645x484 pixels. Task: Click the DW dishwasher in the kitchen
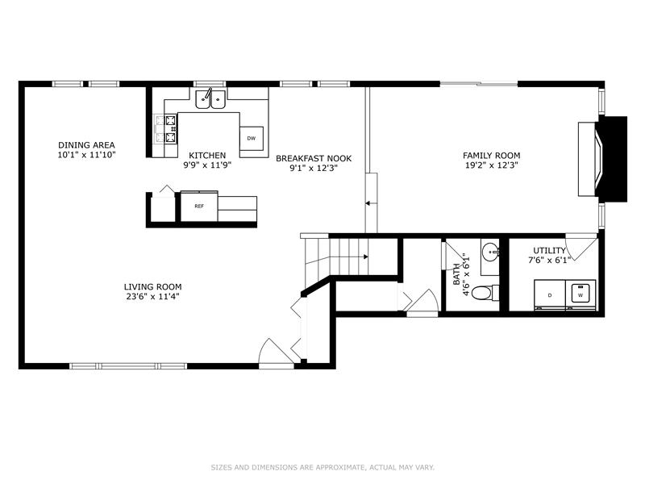(x=252, y=138)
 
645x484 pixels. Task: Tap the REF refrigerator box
(x=199, y=207)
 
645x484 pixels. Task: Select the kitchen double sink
(x=210, y=98)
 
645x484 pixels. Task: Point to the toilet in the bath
(x=485, y=293)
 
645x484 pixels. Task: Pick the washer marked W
(x=580, y=294)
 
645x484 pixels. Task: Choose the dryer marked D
(x=550, y=294)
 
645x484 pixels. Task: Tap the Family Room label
(x=492, y=156)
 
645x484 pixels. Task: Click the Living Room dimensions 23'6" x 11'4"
(x=152, y=297)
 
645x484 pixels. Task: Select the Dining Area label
(x=86, y=145)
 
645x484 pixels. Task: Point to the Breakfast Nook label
(x=314, y=158)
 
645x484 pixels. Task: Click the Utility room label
(x=550, y=251)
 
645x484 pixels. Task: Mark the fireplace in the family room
(x=602, y=159)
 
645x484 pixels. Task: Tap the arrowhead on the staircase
(x=365, y=257)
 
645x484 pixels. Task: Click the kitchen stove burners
(x=170, y=129)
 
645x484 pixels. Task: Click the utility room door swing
(x=580, y=246)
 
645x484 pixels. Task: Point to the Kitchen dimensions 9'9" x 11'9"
(x=208, y=165)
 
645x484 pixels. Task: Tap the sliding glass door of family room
(x=479, y=84)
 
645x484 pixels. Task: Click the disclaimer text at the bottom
(x=322, y=467)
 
